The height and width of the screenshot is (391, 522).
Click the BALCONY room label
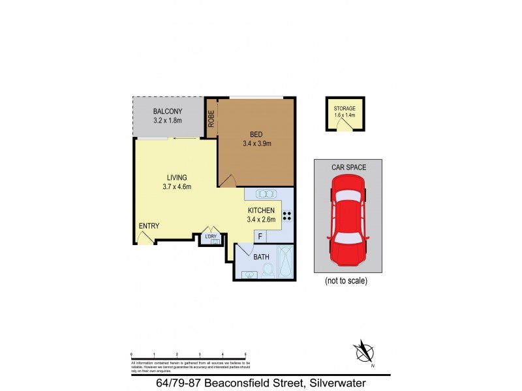[x=167, y=111]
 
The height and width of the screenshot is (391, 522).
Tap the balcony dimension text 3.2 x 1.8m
[x=167, y=121]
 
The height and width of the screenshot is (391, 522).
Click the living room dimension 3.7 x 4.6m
[x=176, y=187]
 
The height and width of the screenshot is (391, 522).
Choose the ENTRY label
[x=149, y=226]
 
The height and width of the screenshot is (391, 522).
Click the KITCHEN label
[x=261, y=210]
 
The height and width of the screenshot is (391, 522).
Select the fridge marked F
[x=260, y=237]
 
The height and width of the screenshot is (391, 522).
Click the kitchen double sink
[x=266, y=194]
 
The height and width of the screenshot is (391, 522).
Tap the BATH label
[x=262, y=257]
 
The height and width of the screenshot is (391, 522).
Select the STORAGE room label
[x=345, y=108]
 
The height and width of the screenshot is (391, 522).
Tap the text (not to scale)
[x=346, y=282]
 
